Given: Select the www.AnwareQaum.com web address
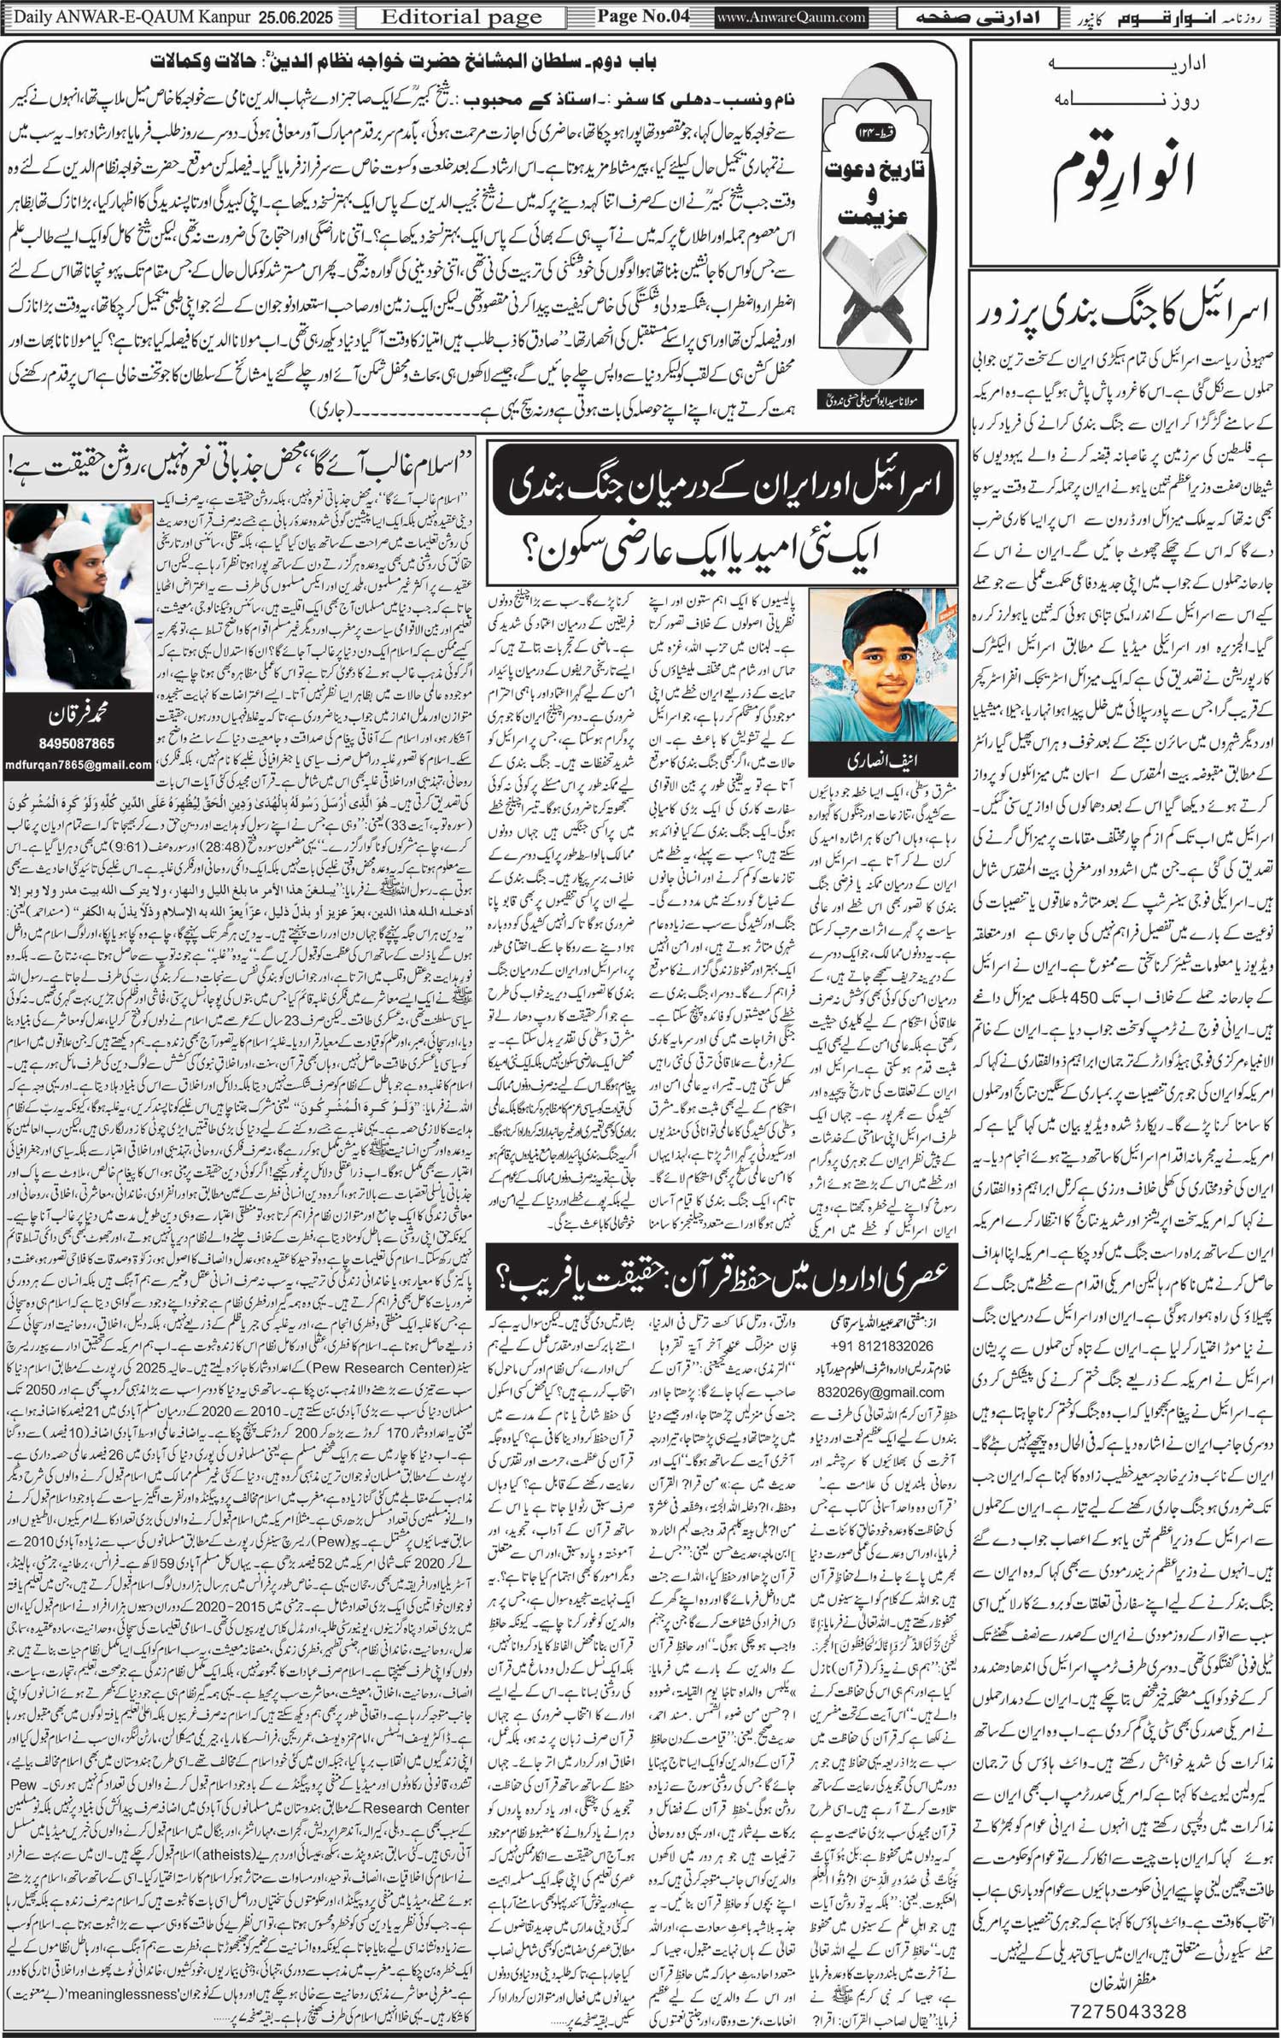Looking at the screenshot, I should [791, 17].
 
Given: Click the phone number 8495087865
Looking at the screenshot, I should [78, 743].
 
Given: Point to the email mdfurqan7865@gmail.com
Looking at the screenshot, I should [78, 765].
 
